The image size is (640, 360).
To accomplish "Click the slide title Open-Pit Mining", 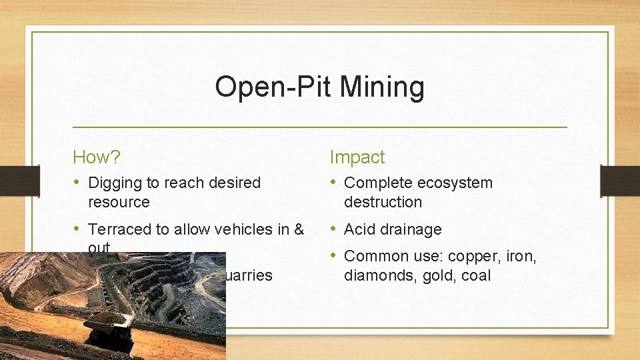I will (319, 87).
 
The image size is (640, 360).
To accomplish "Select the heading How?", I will (97, 157).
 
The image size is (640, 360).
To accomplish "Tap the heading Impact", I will (357, 157).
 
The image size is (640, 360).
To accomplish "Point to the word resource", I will (119, 202).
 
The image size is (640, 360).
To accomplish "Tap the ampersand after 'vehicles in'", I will (298, 230).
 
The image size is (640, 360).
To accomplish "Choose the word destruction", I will (383, 202).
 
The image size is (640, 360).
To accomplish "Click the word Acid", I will (359, 230).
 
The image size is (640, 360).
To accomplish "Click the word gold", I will (435, 276).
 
